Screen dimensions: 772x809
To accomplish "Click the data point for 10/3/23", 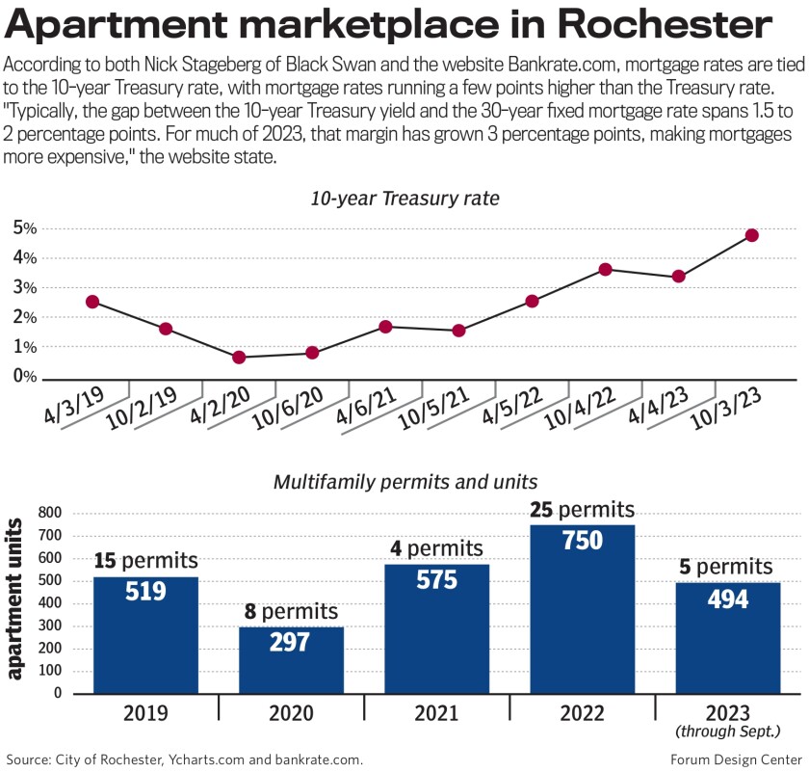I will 751,235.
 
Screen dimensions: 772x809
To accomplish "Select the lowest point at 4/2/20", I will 239,358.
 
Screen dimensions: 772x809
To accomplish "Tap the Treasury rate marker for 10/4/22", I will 605,269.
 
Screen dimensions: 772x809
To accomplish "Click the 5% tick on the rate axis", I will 24,228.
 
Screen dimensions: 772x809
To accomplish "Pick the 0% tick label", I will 24,377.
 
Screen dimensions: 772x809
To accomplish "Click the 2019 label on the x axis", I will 144,714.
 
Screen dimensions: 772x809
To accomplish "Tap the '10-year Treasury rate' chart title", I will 404,200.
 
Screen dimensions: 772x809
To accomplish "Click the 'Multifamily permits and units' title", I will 404,480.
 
